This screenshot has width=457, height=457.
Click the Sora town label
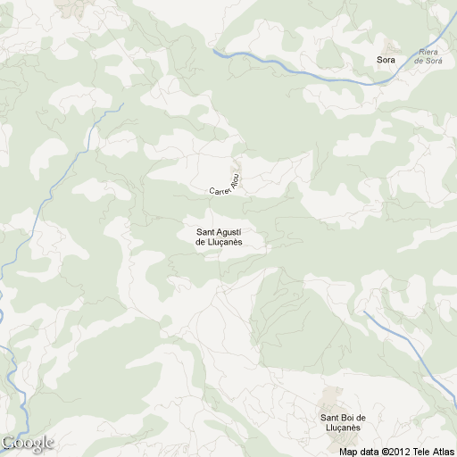coord(386,60)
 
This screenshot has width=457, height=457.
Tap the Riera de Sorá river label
coord(430,56)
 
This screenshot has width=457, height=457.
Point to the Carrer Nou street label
coord(226,183)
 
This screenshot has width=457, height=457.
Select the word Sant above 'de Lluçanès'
coord(204,234)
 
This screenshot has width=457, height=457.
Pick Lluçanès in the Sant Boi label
coord(344,428)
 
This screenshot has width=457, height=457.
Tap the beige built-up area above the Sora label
coord(391,45)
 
